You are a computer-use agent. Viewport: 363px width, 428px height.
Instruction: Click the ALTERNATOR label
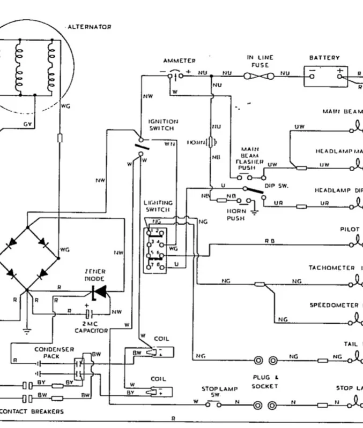[x=90, y=27]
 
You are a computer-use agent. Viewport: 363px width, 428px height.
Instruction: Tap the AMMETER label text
[x=179, y=61]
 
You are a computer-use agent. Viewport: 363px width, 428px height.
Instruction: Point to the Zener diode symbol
[x=98, y=292]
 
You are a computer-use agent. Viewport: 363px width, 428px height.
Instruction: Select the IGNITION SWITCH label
[x=163, y=125]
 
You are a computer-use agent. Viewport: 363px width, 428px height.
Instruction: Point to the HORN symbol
[x=212, y=142]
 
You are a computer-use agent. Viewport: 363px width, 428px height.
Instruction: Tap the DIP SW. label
[x=277, y=186]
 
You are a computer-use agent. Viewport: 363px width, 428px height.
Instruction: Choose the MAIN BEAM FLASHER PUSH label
[x=249, y=158]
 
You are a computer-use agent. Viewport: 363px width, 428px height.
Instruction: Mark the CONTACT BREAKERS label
[x=32, y=411]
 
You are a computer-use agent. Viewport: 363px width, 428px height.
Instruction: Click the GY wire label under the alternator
[x=27, y=124]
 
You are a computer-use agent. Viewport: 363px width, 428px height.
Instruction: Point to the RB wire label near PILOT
[x=269, y=241]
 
